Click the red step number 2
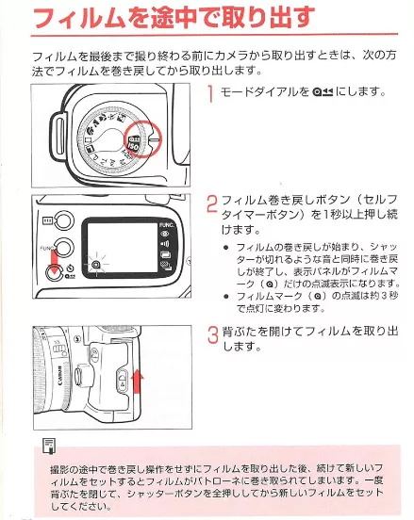[212, 204]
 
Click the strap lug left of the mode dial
[55, 131]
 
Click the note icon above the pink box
[45, 445]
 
